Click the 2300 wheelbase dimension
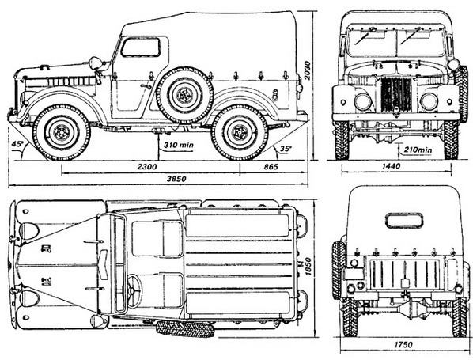point(147,167)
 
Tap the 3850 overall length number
point(176,179)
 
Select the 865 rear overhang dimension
point(271,167)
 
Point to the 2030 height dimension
point(307,70)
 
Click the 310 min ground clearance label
point(178,145)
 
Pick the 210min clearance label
point(418,150)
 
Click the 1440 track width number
point(391,166)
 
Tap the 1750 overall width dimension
point(403,344)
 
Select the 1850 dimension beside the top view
point(308,266)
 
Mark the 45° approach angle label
point(17,144)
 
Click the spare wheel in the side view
point(184,96)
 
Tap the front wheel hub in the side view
point(61,132)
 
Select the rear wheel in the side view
point(240,132)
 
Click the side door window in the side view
point(140,47)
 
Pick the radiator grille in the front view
point(396,94)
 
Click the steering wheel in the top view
point(134,290)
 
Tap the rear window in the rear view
point(404,221)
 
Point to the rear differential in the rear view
point(411,309)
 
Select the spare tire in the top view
point(185,328)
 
